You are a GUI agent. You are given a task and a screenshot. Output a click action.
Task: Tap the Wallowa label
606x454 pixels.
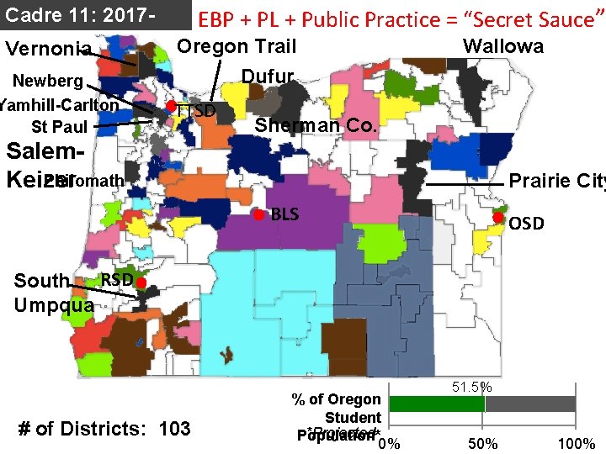coord(503,46)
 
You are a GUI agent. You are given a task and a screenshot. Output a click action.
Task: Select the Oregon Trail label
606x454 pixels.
coord(237,46)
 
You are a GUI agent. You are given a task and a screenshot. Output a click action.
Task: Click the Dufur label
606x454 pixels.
coord(268,77)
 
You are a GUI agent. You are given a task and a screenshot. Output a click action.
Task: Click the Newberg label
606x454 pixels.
coord(46,82)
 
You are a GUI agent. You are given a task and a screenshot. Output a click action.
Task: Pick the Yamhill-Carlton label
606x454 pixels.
coord(59,105)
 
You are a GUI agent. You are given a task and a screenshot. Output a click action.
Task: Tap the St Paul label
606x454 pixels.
coord(59,128)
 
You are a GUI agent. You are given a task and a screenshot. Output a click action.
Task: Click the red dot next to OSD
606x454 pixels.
coord(497,218)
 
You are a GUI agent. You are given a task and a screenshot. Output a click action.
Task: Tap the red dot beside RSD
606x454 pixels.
coord(141,282)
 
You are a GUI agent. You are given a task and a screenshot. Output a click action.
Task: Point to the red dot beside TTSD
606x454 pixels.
coord(170,106)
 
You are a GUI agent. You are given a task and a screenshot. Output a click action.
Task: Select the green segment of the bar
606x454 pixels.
coord(436,404)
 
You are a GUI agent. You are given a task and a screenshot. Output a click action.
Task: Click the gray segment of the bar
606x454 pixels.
coord(530,404)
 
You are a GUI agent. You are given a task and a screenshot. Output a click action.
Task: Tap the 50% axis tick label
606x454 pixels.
coord(484,443)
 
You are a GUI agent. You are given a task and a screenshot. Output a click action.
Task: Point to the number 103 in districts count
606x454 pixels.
coord(174,428)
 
